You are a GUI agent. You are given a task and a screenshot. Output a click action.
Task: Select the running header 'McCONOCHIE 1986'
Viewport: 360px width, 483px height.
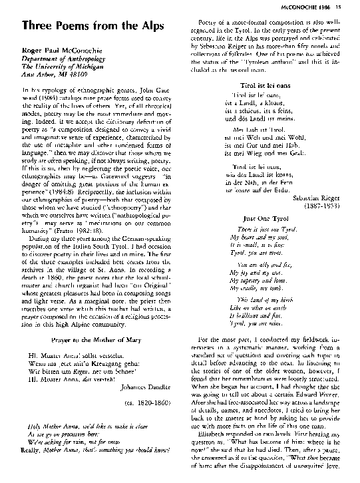click(322, 7)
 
